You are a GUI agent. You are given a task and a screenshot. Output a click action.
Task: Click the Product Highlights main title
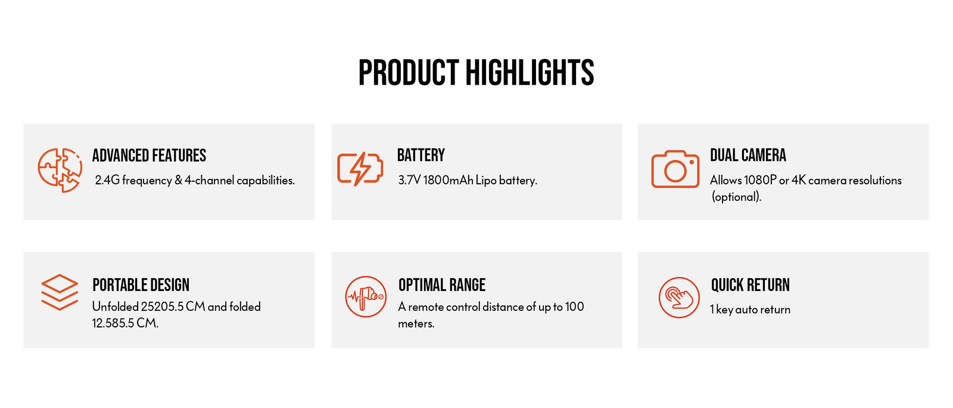[x=476, y=72]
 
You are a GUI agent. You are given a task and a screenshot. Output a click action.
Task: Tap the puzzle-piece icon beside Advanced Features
[x=60, y=171]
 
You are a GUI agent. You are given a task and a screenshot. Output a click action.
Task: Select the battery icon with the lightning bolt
[x=360, y=169]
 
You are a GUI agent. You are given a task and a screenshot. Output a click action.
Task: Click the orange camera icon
[x=675, y=169]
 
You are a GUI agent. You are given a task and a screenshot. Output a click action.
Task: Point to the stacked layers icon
[x=60, y=292]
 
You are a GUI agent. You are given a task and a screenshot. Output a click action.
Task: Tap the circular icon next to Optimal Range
[x=366, y=296]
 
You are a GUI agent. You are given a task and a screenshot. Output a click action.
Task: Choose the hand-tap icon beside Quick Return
[x=679, y=297]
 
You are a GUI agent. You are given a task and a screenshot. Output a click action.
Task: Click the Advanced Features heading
[x=149, y=156]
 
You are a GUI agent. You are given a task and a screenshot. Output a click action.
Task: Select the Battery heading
[x=421, y=155]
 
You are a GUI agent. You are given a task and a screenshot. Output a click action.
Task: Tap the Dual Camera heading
[x=748, y=155]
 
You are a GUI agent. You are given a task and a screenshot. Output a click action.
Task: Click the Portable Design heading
[x=141, y=285]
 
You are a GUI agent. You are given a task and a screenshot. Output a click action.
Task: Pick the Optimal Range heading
[x=441, y=285]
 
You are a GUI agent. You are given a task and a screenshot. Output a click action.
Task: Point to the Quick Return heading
[x=750, y=285]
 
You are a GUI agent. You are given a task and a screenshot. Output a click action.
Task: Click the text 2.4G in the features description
[x=107, y=180]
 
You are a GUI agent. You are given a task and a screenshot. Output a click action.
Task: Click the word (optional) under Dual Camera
[x=736, y=197]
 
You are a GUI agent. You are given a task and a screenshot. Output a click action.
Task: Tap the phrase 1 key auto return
[x=750, y=310]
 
